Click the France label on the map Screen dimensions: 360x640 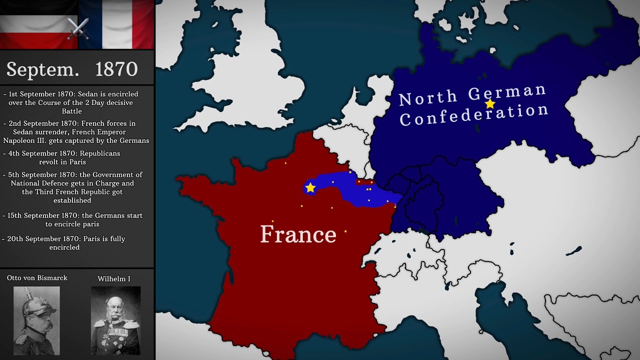(x=298, y=234)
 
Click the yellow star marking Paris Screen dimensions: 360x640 (x=310, y=187)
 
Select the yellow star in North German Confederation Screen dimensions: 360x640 (x=490, y=103)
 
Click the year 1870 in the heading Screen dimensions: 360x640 (x=116, y=69)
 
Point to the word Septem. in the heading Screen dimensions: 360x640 (x=43, y=69)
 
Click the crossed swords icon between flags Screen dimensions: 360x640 (x=77, y=28)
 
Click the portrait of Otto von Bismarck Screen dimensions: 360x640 (x=36, y=320)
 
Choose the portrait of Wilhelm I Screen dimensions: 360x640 (x=115, y=320)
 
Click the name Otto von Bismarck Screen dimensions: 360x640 (x=37, y=278)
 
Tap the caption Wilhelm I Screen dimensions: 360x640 (x=114, y=279)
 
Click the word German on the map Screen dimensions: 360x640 (x=507, y=92)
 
